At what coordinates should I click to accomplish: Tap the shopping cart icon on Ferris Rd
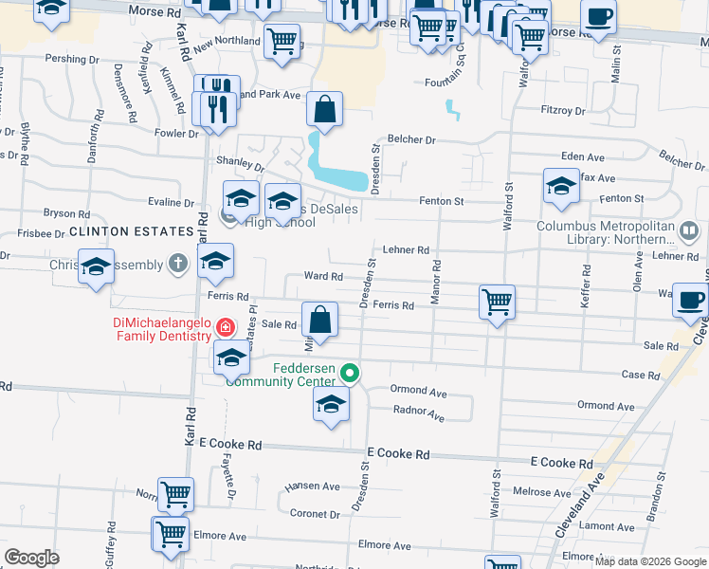coord(497,303)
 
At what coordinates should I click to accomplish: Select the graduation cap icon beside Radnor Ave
coord(331,403)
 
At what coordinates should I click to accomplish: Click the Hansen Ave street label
coord(312,486)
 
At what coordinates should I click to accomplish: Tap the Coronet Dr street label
coord(315,514)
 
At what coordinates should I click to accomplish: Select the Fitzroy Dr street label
coord(562,111)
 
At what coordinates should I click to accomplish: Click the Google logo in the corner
coord(32,558)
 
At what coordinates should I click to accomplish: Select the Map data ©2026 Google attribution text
coord(650,560)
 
